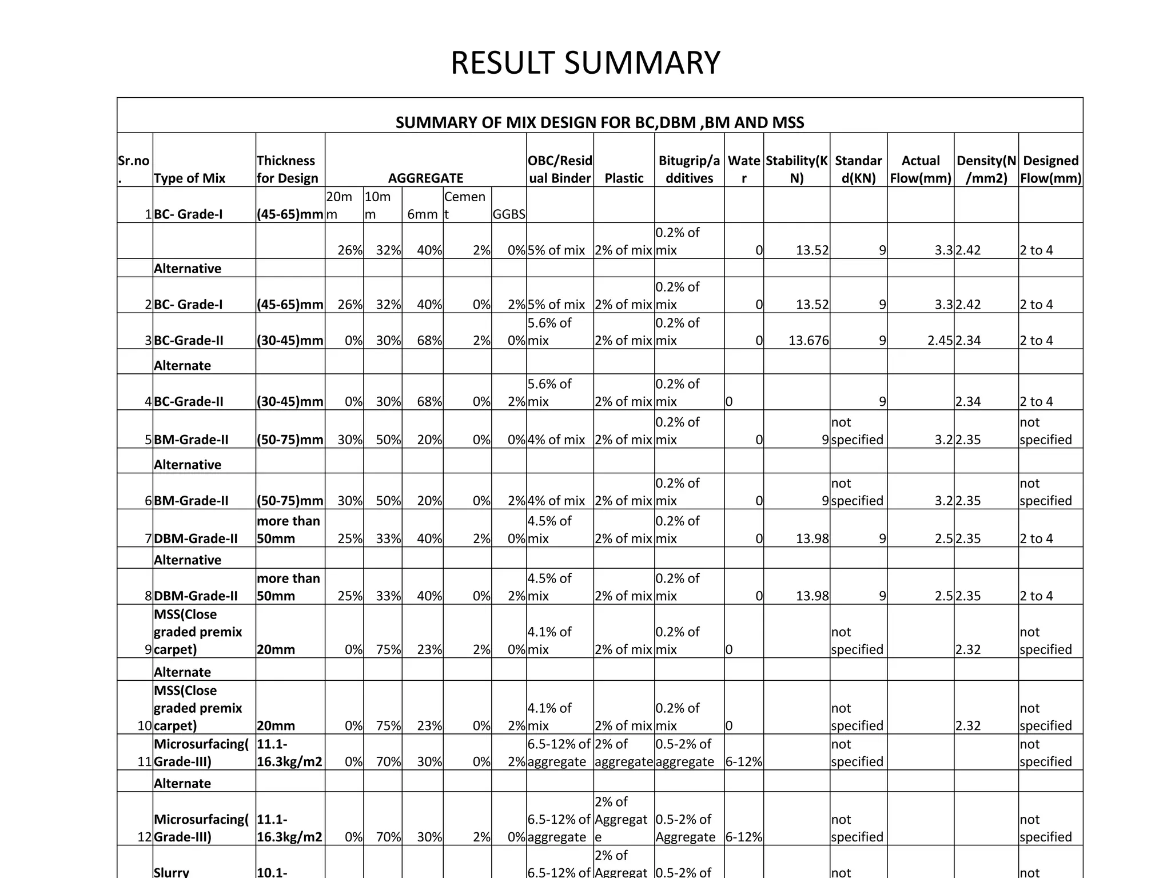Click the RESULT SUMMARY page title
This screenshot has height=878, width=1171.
tap(585, 63)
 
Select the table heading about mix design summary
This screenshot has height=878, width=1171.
tap(600, 122)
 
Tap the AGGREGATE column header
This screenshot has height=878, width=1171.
tap(425, 178)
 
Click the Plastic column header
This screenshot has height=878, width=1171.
tap(624, 178)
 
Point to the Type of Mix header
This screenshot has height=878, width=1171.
tap(189, 178)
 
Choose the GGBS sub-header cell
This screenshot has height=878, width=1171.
tap(509, 214)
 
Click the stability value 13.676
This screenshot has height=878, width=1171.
tap(808, 341)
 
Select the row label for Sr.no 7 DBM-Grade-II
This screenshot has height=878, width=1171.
tap(196, 538)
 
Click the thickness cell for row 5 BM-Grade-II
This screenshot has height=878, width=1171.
tap(290, 440)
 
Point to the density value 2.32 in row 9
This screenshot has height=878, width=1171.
tap(968, 649)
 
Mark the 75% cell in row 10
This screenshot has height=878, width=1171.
tap(388, 725)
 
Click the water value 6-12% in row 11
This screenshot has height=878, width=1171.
tap(744, 761)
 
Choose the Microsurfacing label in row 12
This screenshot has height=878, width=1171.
tap(201, 828)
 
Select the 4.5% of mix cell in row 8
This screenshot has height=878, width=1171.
tap(549, 587)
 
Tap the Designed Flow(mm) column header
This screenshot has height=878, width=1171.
tap(1050, 169)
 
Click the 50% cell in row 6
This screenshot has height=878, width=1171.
tap(388, 501)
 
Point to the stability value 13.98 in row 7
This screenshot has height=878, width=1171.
tap(812, 538)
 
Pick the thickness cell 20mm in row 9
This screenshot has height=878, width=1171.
tap(276, 649)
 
